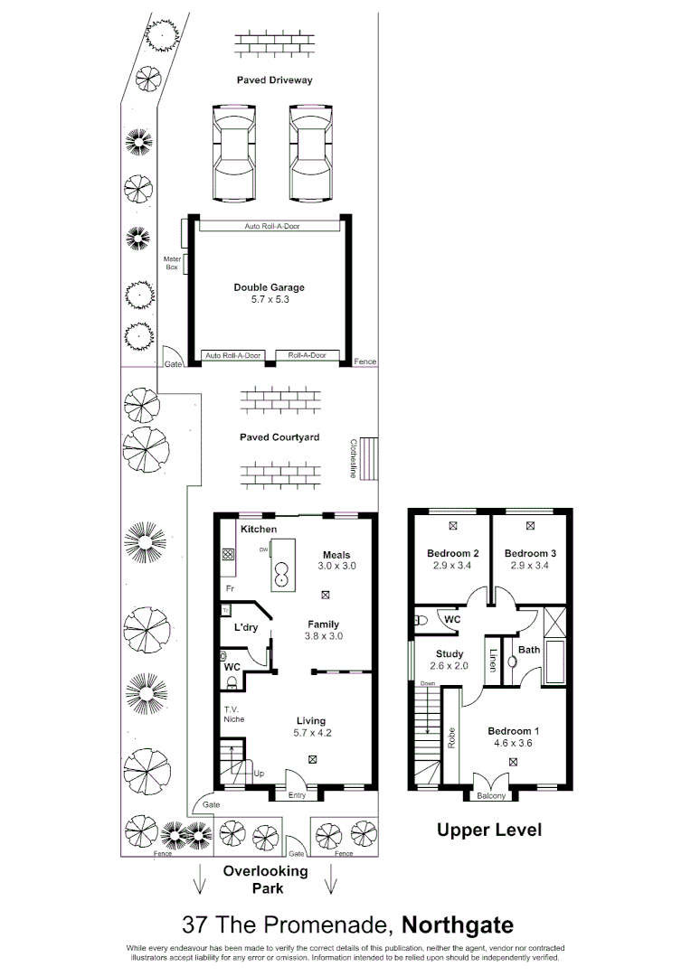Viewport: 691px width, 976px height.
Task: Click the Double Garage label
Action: coord(269,287)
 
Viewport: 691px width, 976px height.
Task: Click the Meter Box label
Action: coord(172,263)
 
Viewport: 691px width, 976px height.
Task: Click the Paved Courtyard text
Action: coord(279,437)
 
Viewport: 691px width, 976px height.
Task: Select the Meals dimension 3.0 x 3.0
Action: coord(336,566)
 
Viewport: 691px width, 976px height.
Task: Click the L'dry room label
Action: coord(247,627)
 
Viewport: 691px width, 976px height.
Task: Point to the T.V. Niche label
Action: coord(234,713)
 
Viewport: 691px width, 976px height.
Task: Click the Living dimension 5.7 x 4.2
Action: coord(312,733)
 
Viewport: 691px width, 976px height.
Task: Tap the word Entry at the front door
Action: coord(298,795)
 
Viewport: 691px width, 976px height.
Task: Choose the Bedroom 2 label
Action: coord(452,553)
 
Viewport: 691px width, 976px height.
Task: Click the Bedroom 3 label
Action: coord(530,553)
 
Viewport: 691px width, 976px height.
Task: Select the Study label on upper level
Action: coord(450,653)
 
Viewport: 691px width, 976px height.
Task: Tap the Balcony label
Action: coord(492,797)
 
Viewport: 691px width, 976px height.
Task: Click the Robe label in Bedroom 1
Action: coord(450,737)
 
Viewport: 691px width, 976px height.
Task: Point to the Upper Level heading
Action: coord(489,829)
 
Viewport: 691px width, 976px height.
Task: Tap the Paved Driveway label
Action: coord(275,80)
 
